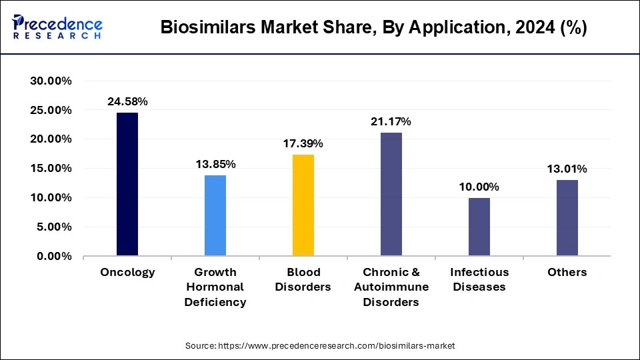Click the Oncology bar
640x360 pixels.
(x=127, y=184)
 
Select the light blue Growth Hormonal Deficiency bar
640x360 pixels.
(x=215, y=215)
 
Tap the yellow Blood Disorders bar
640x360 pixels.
(x=303, y=205)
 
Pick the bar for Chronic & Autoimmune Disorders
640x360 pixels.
(x=391, y=194)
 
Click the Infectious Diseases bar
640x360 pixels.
(x=479, y=227)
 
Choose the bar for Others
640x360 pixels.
(x=567, y=218)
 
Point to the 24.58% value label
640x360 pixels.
(x=127, y=101)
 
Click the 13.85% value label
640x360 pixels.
(x=215, y=164)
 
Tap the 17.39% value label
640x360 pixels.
(x=303, y=143)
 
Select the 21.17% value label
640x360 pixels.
(x=391, y=121)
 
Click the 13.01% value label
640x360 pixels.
(x=567, y=169)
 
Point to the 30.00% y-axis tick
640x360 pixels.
(x=51, y=81)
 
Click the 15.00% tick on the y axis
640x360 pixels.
(x=51, y=169)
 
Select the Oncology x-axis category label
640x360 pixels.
(x=127, y=272)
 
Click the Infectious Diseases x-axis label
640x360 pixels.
(x=479, y=279)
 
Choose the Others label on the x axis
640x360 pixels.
(x=567, y=272)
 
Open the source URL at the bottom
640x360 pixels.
(x=320, y=345)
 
